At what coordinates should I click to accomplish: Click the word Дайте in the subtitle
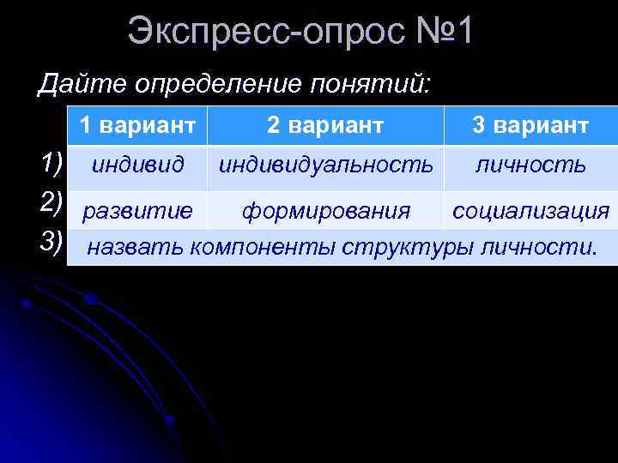click(x=78, y=84)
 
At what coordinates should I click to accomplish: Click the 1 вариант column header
click(x=137, y=125)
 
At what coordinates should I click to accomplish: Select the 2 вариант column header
click(x=325, y=125)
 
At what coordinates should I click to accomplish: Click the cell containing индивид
click(x=137, y=165)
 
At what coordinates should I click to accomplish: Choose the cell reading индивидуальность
click(x=325, y=165)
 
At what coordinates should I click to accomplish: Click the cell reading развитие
click(x=137, y=210)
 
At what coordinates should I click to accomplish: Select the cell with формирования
click(x=325, y=210)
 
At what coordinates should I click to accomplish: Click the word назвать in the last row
click(x=136, y=248)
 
